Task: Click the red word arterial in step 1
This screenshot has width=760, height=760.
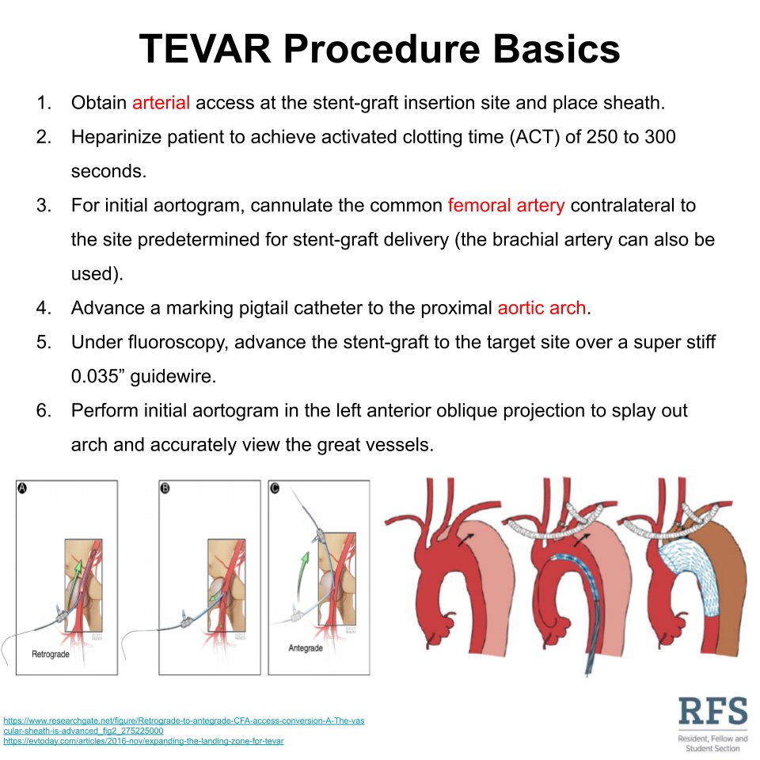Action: tap(161, 103)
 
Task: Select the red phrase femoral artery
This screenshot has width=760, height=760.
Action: tap(506, 206)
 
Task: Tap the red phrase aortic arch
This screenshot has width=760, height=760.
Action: tap(542, 308)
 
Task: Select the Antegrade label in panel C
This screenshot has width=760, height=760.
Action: tap(310, 648)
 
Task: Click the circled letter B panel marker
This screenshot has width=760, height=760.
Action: tap(165, 489)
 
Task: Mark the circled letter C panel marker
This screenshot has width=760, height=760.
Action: tap(275, 488)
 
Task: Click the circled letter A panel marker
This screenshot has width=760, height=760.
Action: tap(22, 489)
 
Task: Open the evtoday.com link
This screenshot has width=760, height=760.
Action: tap(143, 741)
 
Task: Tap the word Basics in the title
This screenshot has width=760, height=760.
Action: tap(551, 49)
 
